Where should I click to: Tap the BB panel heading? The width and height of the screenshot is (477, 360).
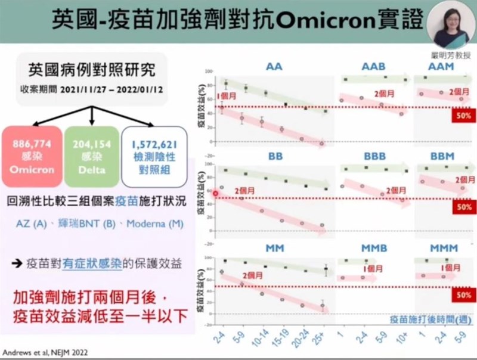(274, 157)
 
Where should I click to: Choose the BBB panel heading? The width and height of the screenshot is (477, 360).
(373, 157)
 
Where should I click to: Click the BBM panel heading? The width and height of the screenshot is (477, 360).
(442, 157)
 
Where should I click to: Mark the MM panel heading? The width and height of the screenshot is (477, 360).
(275, 247)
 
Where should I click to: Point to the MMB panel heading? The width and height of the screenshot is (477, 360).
(373, 247)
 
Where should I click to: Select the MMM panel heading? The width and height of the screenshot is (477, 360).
(442, 247)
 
